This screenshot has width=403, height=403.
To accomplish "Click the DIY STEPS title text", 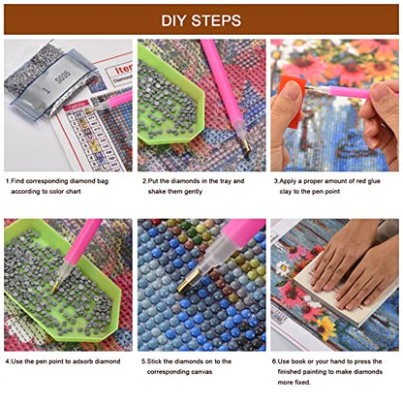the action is [201, 20].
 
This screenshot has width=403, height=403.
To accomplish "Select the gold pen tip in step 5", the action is [189, 280].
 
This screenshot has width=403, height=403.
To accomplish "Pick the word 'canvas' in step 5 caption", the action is [201, 372].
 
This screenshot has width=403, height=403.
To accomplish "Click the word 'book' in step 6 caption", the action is [298, 361].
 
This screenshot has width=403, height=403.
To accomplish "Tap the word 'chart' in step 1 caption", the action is [73, 191].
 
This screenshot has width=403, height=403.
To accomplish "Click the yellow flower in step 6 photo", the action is [326, 326].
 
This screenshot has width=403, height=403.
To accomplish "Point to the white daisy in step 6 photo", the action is [283, 268].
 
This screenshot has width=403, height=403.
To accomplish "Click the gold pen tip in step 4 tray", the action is [56, 287].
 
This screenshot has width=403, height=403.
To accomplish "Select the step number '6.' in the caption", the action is [274, 361].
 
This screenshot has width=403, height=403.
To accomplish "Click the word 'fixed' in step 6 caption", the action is [304, 382].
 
